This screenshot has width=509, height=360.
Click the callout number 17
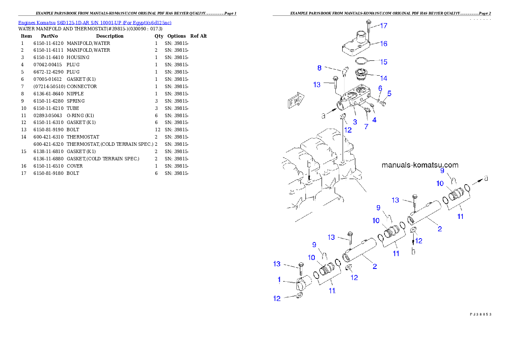coord(384,26)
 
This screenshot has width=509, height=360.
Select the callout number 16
coord(384,44)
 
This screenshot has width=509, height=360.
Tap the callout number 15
coord(384,62)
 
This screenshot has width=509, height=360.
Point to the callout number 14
coord(384,78)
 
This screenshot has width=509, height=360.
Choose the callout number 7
coord(366,127)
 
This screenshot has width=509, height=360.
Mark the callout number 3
coord(355,122)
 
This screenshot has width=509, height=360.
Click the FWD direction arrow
coord(296,102)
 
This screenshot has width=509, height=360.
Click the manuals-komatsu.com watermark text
coord(420,165)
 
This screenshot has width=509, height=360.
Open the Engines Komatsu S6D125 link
coord(95,23)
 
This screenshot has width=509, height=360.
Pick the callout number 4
coord(374,120)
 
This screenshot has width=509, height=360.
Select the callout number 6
coord(380,88)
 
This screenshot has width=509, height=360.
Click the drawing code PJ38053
coord(480,314)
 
